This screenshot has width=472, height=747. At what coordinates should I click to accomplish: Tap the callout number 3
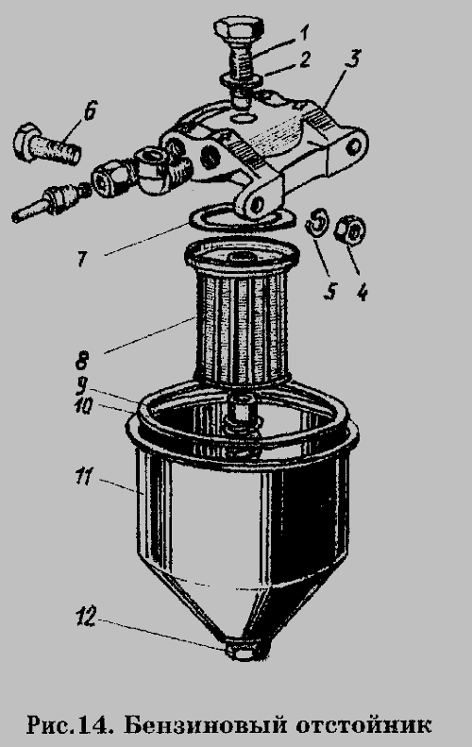353,59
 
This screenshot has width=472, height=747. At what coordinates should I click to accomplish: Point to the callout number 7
82,260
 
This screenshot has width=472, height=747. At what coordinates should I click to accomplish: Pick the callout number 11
83,477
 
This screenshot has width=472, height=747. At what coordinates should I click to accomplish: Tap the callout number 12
86,618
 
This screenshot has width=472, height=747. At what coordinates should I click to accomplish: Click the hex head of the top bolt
239,28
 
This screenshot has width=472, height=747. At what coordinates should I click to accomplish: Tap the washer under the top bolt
239,78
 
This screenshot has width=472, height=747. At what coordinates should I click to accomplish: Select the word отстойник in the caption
363,725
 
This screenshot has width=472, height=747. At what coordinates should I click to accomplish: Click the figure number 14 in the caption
93,725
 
